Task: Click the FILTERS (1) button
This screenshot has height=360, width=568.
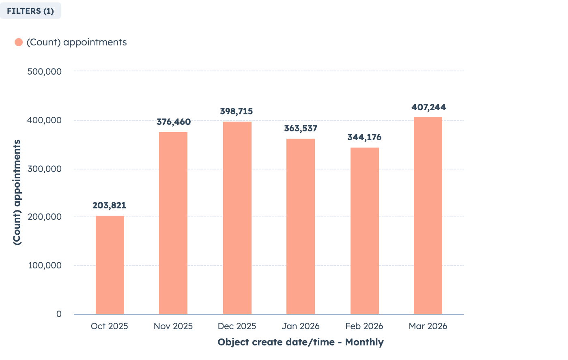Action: [30, 11]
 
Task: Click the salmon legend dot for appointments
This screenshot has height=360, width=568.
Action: [19, 42]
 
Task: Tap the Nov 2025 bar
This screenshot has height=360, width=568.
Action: [173, 223]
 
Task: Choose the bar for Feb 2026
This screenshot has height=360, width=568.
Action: [365, 231]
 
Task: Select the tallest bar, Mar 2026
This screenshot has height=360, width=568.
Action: [428, 215]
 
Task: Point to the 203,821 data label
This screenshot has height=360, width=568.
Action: [109, 206]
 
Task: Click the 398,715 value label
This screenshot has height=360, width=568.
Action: [237, 111]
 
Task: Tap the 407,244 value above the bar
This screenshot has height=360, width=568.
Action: [428, 107]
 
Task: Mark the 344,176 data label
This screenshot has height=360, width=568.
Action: [364, 137]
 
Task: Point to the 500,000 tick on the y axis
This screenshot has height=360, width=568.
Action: [45, 71]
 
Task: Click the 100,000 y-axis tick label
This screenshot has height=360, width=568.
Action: [45, 266]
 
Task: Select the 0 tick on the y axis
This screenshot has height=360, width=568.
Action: [59, 314]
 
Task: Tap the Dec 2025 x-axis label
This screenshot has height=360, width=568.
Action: [237, 326]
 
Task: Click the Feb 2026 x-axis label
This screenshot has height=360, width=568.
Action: [364, 326]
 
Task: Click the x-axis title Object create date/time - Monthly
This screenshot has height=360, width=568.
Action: [301, 342]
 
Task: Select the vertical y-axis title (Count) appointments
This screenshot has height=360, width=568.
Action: [17, 192]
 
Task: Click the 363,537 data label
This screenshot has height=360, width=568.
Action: [301, 129]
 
